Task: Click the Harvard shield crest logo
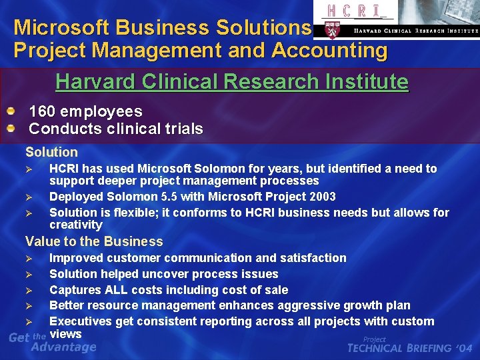tap(331, 29)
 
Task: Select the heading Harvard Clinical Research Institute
tap(231, 82)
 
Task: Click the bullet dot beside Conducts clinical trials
tap(11, 126)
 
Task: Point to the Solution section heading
tap(51, 152)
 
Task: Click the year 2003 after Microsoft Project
tap(321, 197)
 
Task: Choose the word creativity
tap(75, 225)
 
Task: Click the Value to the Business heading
tap(94, 241)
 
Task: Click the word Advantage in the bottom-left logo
tap(64, 347)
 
